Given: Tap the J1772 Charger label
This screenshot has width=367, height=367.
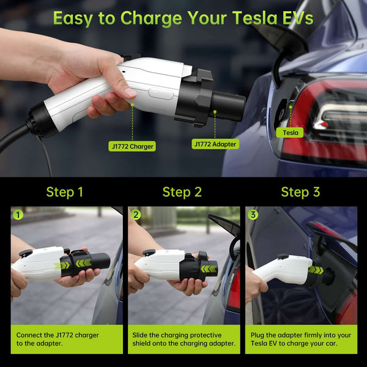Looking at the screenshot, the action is tap(132, 146).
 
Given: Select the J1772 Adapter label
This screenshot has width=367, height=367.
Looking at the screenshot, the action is tap(215, 144).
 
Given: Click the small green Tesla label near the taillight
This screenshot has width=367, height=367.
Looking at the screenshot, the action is tap(290, 133).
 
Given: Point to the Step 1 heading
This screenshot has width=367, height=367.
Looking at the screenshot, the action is tap(65, 192).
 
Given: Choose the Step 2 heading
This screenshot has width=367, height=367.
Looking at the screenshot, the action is tap(182, 192).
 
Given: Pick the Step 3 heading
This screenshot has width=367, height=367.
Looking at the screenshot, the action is tap(300, 192).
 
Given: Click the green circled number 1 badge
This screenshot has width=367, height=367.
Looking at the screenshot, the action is tap(18, 215).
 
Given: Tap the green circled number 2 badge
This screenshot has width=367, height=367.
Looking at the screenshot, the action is tap(136, 215).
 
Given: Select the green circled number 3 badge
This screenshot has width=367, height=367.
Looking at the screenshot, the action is tap(253, 215).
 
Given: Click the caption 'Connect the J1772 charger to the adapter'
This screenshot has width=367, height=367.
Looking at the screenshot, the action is tap(57, 339).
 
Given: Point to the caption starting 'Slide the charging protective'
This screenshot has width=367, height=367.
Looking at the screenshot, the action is tap(183, 339).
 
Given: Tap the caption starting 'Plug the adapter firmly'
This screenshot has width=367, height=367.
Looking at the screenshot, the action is tap(301, 339).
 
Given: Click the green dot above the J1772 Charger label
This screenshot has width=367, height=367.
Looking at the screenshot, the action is tap(132, 105).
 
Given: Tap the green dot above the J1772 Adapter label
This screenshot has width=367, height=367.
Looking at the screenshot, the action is tap(215, 112).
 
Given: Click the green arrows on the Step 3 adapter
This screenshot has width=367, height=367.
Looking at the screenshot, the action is tap(316, 270).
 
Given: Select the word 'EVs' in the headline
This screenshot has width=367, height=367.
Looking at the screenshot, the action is tap(298, 18).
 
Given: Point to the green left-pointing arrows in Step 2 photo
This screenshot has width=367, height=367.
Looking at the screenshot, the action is tap(209, 269).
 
